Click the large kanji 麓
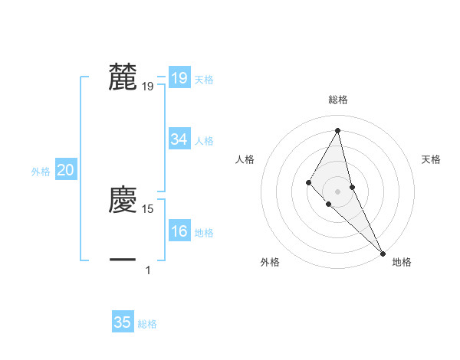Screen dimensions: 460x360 pos(123,77)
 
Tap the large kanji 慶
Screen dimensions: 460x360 pos(123,200)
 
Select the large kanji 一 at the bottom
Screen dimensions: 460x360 pos(123,260)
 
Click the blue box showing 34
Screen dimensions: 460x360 pos(179,139)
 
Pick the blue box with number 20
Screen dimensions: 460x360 pos(65,171)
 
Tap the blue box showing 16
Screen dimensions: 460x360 pos(179,232)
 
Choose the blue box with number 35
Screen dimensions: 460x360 pos(123,322)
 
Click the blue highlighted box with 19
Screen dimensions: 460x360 pos(179,77)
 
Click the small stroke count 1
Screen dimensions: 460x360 pos(148,270)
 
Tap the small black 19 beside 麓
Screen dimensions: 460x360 pos(148,87)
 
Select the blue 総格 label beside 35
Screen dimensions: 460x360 pos(147,324)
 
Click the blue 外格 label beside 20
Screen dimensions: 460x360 pos(41,172)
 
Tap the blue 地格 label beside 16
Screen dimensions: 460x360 pos(205,233)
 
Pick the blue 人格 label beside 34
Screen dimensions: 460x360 pos(205,141)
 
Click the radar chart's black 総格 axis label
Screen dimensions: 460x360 pos(338,100)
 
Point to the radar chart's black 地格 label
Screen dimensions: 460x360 pos(402,263)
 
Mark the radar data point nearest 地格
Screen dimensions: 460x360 pos(383,253)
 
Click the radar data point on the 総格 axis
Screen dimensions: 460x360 pos(338,129)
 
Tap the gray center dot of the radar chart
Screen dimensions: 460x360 pos(338,191)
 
